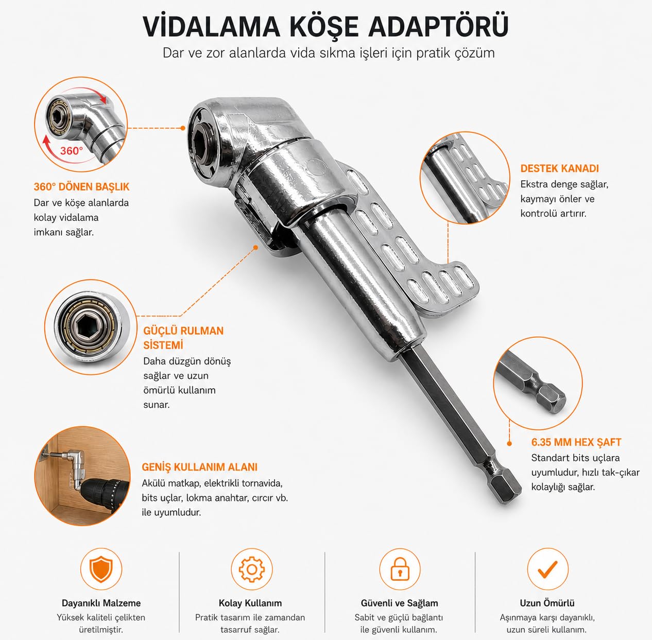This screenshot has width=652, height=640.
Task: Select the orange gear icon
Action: (251, 569)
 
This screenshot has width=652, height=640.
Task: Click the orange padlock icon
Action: (400, 568)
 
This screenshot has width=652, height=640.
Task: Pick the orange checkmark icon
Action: (547, 569)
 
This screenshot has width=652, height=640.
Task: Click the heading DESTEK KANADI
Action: (559, 168)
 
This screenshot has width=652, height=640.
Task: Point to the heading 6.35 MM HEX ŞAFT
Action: (576, 442)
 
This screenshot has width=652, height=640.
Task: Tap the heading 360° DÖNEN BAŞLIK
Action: (81, 187)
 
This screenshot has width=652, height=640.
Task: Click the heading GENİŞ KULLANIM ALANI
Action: (200, 467)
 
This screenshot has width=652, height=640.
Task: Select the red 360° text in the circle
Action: (72, 150)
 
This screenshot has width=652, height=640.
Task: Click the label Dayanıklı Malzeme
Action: (101, 603)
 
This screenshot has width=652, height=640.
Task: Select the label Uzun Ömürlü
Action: (547, 603)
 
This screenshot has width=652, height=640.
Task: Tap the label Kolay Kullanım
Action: (250, 603)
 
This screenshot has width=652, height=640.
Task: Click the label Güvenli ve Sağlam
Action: (399, 603)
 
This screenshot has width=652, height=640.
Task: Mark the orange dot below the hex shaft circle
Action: (509, 443)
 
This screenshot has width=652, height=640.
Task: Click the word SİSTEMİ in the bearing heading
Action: (163, 345)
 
